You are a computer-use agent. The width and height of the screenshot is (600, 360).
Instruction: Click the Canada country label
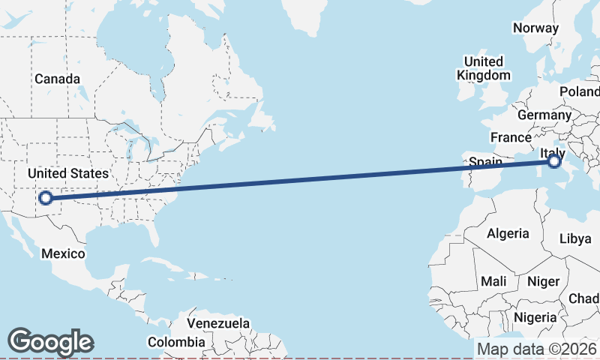[57, 79]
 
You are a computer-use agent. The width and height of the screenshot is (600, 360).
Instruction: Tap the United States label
[68, 173]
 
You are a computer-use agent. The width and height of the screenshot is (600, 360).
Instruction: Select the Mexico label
[63, 253]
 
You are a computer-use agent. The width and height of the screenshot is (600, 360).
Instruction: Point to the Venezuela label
[218, 323]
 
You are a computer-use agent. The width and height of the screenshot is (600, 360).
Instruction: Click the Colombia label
[176, 342]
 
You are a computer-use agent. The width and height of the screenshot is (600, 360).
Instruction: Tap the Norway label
[535, 28]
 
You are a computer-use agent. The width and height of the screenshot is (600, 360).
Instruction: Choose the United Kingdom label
[484, 68]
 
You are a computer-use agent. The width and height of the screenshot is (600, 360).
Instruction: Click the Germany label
[544, 115]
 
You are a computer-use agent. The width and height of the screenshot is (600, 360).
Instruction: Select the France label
[511, 137]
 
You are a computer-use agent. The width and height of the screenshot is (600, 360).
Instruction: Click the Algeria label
[508, 233]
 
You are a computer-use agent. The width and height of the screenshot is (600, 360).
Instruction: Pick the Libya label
[575, 238]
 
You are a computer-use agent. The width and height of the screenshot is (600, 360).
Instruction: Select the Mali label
[493, 281]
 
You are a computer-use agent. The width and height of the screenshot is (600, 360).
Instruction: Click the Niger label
[544, 281]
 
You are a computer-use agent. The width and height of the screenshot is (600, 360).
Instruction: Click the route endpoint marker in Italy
[553, 160]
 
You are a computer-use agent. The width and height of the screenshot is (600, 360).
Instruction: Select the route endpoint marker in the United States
[46, 198]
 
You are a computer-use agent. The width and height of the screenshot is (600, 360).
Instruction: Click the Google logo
[51, 342]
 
